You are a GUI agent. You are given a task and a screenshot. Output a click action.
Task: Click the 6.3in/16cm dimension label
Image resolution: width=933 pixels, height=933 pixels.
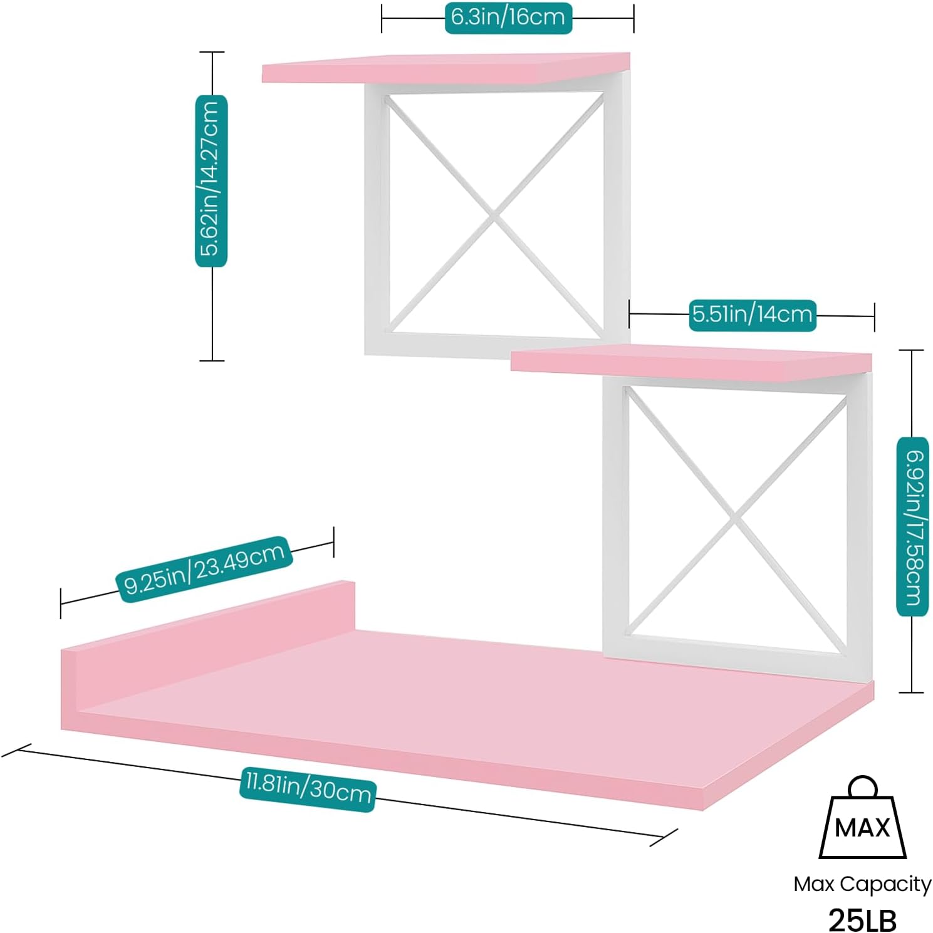coord(508,18)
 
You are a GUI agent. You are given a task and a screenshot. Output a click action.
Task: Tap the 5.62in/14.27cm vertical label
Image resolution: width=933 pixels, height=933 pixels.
coord(211,180)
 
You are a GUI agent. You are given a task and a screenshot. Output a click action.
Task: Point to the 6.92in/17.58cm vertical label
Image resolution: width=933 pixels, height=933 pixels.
coord(912,526)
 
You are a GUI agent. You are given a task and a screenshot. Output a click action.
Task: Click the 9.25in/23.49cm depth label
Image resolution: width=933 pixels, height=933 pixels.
coord(204,569)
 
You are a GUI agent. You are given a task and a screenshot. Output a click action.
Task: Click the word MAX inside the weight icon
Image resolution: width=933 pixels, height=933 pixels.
coord(862,828)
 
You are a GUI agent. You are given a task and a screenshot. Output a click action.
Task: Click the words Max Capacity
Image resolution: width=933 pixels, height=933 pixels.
coord(862,884)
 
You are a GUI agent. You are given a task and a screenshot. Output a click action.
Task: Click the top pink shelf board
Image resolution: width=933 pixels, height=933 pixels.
coord(446,68)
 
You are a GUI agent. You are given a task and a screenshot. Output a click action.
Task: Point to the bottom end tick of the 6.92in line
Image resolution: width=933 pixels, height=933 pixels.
coord(912,692)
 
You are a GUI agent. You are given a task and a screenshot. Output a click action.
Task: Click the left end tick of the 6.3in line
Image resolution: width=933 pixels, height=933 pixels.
coord(382,18)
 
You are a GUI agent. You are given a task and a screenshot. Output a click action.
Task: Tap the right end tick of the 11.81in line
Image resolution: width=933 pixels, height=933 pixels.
coord(664,838)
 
